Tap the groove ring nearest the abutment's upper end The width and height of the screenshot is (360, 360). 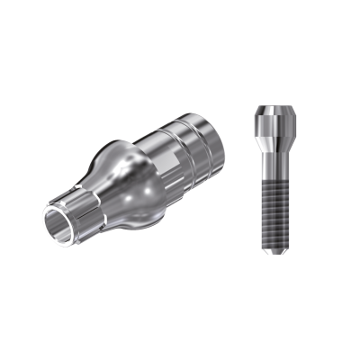click(x=193, y=135)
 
